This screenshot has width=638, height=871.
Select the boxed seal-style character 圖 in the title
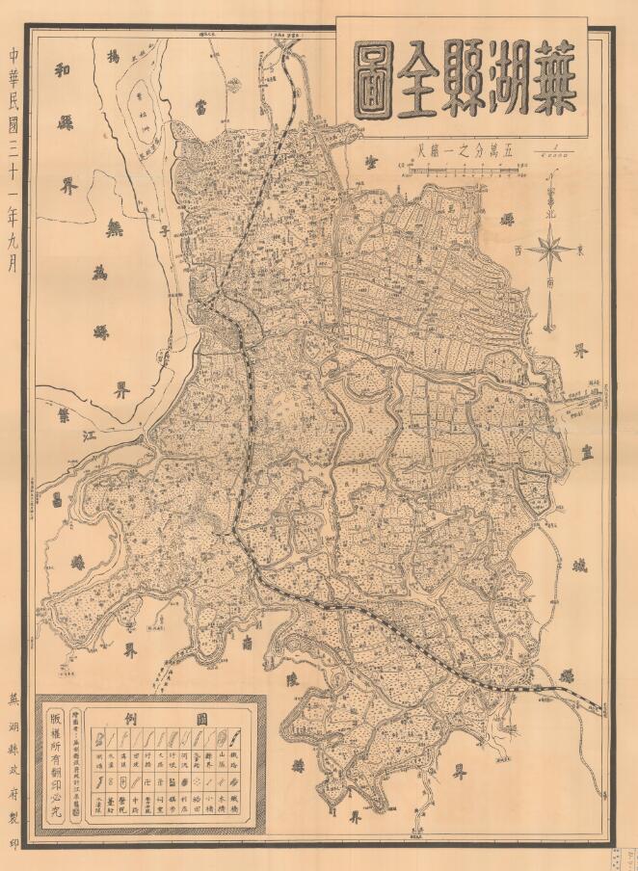coord(375,78)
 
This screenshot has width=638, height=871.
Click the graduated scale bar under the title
coord(462,172)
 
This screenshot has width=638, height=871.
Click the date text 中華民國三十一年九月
coord(13,154)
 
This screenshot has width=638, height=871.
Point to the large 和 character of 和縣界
coord(64,73)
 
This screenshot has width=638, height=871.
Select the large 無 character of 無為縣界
coord(115,229)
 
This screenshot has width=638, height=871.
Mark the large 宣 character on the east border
coord(590,453)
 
